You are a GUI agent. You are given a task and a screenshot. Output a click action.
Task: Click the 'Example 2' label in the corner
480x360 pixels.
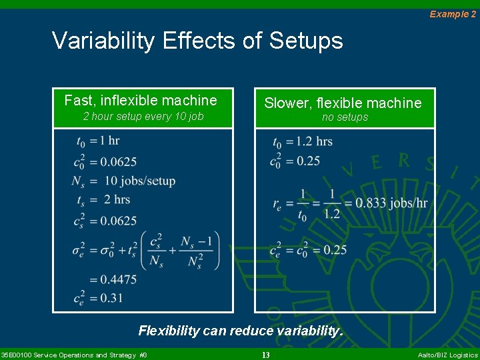click(x=453, y=14)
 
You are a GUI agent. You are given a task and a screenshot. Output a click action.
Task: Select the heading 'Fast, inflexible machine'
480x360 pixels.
click(x=141, y=101)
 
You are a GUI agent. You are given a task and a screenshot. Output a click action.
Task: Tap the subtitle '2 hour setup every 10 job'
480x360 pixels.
click(x=143, y=117)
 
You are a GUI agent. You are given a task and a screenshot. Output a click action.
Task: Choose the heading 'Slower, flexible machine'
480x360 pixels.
click(x=343, y=103)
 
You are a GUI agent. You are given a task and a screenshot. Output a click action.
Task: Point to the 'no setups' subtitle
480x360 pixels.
click(x=345, y=117)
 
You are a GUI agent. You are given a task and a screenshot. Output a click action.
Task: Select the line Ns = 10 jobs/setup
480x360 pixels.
click(x=124, y=181)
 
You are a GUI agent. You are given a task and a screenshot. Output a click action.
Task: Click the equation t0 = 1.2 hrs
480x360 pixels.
click(x=302, y=142)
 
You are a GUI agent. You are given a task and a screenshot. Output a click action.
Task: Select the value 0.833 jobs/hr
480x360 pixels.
click(x=391, y=203)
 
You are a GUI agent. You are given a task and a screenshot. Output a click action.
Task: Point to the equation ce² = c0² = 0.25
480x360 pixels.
click(x=308, y=250)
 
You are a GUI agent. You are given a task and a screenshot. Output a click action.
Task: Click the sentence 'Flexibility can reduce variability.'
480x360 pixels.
click(x=240, y=330)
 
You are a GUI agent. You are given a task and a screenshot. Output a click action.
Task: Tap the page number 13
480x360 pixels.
click(x=265, y=355)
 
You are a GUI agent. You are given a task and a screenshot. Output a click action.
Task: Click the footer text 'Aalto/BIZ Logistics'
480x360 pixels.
click(x=447, y=355)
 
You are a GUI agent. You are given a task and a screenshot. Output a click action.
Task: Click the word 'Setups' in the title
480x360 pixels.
click(x=306, y=41)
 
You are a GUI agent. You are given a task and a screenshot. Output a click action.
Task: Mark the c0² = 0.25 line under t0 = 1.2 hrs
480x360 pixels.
click(x=295, y=161)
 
